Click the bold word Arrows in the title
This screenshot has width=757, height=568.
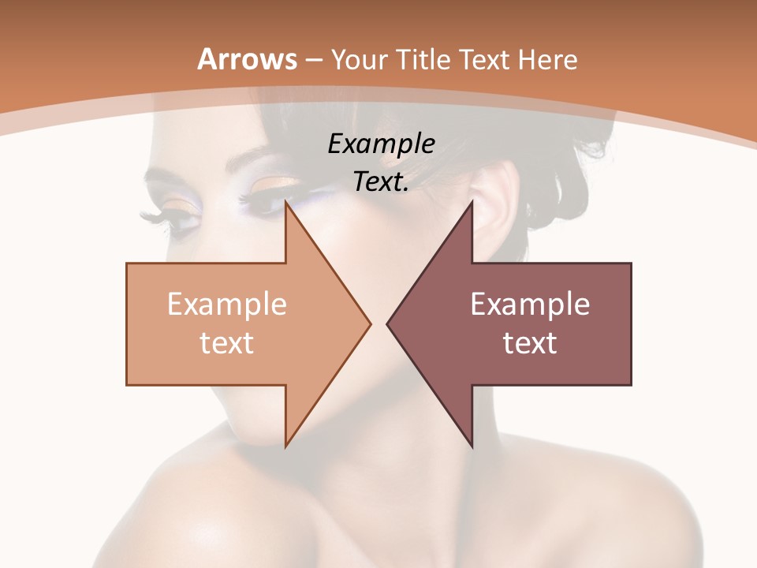coord(247,59)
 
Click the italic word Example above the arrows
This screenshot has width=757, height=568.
coord(381,144)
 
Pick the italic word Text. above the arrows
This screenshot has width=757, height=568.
coord(381,181)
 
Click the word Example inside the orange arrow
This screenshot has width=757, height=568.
coord(226,304)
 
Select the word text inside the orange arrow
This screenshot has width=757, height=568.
coord(226,342)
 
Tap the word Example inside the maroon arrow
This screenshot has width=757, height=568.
coord(530,304)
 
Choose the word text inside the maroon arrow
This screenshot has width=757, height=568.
coord(530,342)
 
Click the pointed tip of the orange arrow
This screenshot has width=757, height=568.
coord(370,323)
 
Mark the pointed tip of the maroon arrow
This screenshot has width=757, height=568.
coord(387,323)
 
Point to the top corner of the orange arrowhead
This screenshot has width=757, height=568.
coord(285,202)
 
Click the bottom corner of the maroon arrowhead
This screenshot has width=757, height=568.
coord(472,446)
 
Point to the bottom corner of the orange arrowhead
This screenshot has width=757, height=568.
coord(285,446)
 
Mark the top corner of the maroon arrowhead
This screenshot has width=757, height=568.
coord(472,202)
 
